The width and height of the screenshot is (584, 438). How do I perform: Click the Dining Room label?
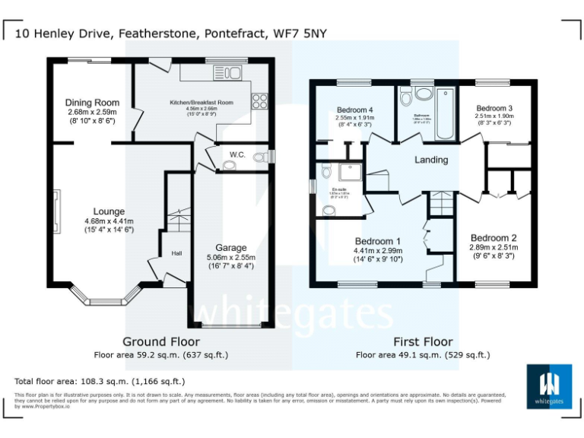click(92, 103)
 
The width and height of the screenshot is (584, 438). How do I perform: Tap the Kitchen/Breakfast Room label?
click(202, 101)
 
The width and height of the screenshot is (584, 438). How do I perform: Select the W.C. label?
click(236, 155)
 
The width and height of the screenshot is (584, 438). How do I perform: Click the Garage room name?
click(231, 248)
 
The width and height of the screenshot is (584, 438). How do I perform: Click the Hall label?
click(176, 253)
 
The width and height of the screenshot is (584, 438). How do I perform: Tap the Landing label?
click(430, 160)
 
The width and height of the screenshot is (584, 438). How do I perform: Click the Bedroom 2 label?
click(494, 236)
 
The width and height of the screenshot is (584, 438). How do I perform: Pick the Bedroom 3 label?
click(489, 109)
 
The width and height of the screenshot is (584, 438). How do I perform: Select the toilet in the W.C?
click(261, 157)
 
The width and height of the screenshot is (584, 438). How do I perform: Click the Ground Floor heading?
click(160, 342)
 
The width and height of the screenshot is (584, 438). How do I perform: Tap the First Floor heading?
click(422, 342)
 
